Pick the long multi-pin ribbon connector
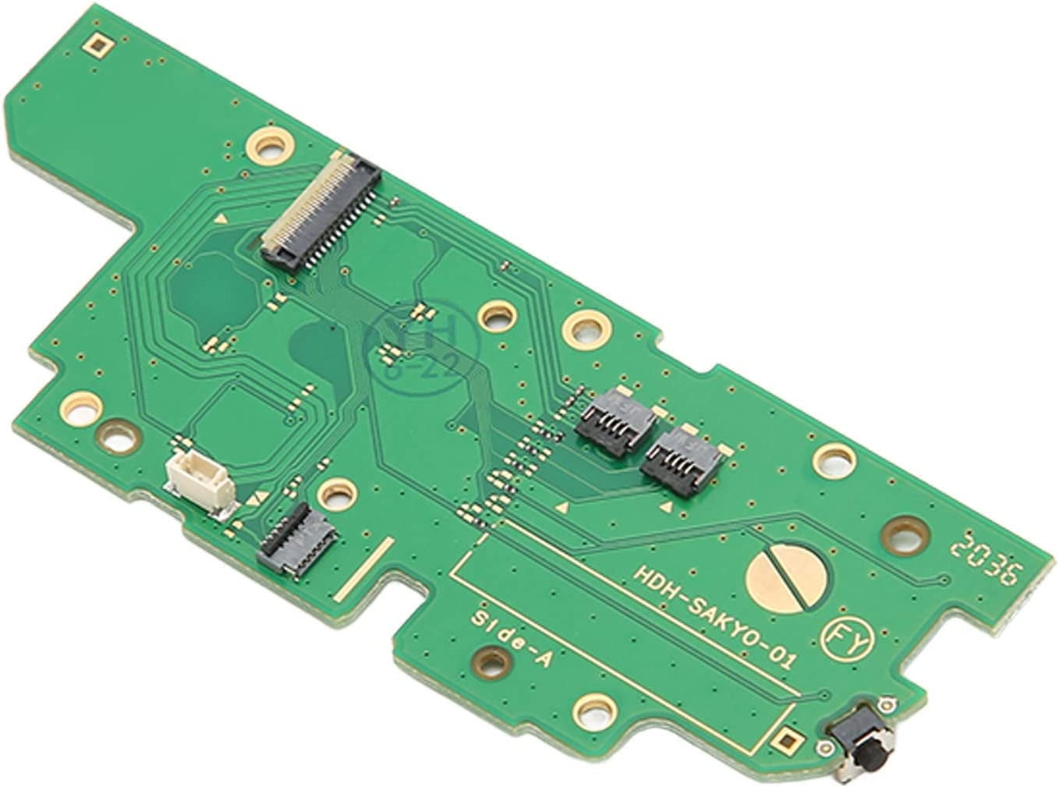(x=320, y=208)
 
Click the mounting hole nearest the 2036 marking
(x=905, y=534)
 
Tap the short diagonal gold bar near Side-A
(x=367, y=569)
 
